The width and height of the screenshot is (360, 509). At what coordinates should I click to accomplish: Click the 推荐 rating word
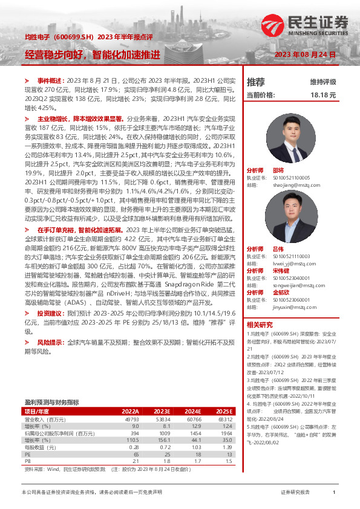tap(256, 81)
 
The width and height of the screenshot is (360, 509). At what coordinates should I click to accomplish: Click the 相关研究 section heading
tap(260, 324)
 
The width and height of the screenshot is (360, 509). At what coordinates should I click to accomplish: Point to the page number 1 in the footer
tap(334, 493)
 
